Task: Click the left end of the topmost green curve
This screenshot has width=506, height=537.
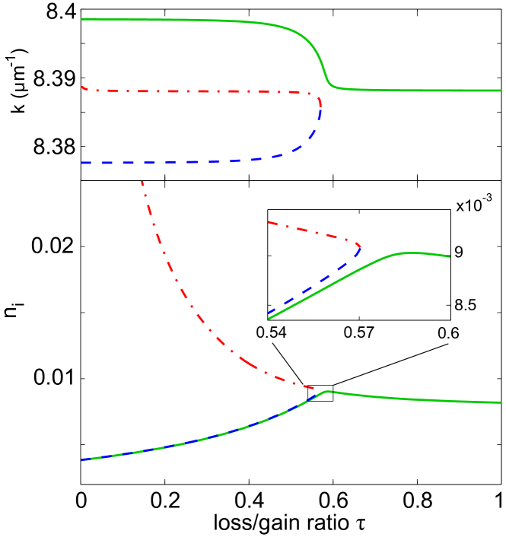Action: pos(81,19)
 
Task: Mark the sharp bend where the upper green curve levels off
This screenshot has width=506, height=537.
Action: pos(329,83)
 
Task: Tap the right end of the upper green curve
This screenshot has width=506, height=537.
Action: pos(501,91)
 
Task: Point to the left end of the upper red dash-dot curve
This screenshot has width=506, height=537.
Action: pos(81,87)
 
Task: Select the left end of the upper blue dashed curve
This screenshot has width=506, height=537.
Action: pos(81,163)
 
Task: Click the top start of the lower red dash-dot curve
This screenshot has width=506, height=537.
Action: pos(142,181)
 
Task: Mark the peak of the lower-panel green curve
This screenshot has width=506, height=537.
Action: pos(326,391)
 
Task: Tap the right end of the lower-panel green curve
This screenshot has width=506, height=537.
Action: pos(501,402)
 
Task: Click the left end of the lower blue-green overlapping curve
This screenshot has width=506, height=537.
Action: pos(81,460)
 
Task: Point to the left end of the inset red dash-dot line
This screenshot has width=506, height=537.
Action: pos(268,222)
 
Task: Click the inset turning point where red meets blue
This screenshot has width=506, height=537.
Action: pos(361,247)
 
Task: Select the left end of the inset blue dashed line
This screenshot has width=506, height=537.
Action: pos(268,313)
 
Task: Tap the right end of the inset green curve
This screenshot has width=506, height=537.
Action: pos(450,257)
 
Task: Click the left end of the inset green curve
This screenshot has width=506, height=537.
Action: pos(268,319)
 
